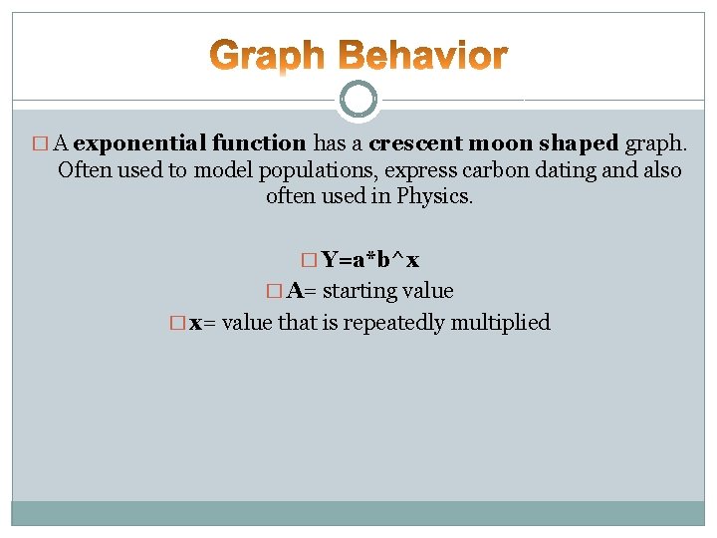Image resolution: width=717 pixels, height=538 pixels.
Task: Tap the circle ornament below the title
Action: tap(358, 99)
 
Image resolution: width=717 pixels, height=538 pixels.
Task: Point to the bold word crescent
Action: tap(408, 144)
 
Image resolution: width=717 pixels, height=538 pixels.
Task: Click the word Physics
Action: tap(435, 196)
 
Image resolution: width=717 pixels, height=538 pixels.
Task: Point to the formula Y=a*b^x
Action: tap(369, 261)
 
